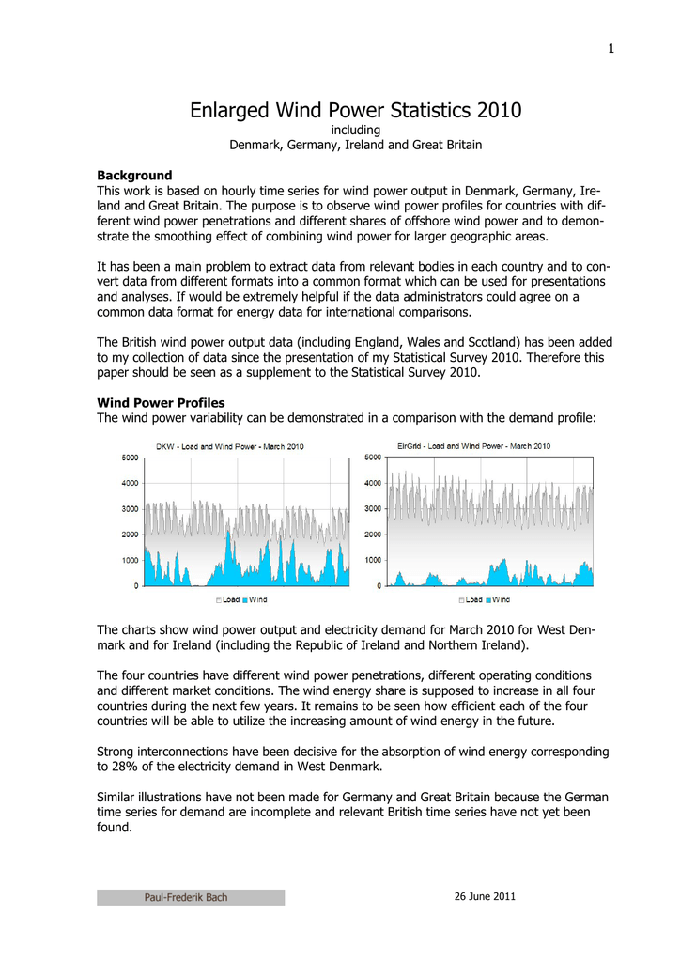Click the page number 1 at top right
[610, 50]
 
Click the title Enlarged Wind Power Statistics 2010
[356, 111]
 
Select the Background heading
[134, 175]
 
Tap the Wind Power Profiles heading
[161, 402]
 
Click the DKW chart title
[229, 446]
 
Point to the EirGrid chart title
[473, 446]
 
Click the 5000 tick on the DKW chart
[130, 458]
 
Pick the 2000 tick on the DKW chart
[130, 535]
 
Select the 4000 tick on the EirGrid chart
[372, 483]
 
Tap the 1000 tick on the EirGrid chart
[372, 560]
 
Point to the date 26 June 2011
[485, 896]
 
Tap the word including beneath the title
[356, 130]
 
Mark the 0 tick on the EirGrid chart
[379, 586]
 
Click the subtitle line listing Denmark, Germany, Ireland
[356, 145]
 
